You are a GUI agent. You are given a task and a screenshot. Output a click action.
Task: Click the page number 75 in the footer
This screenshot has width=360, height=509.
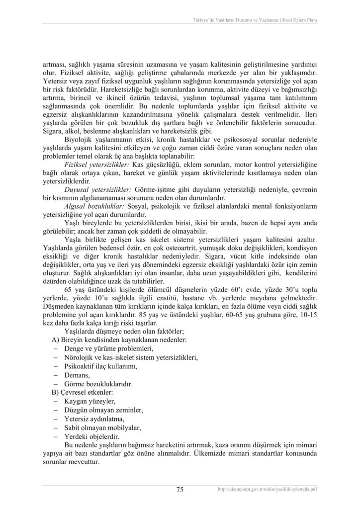click(180, 490)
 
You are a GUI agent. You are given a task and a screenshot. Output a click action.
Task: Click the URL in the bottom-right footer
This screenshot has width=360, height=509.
click(268, 490)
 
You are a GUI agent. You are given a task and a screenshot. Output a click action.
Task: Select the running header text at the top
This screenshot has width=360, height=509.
click(255, 20)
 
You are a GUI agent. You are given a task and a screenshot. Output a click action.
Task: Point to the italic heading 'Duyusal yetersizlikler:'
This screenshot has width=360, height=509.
click(97, 190)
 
